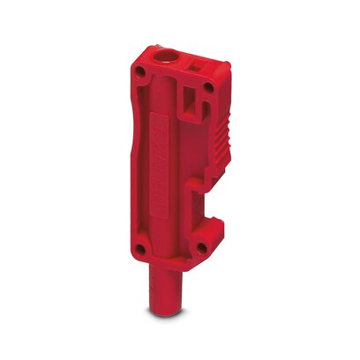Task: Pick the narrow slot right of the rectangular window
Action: [x=208, y=108]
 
